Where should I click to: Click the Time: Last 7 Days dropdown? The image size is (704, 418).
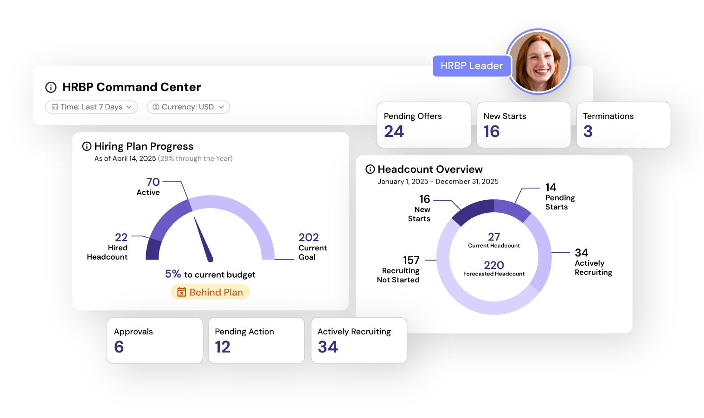(91, 107)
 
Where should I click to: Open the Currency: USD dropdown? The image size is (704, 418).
(188, 107)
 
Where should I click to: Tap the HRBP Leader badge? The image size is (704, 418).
(472, 66)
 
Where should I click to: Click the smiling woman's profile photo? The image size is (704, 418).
(538, 62)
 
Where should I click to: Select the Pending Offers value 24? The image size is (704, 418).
(394, 131)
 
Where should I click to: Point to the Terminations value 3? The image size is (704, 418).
(588, 131)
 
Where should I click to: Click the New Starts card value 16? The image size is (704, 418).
(491, 131)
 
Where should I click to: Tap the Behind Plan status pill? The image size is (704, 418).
(210, 292)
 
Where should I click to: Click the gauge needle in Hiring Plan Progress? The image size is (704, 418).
(204, 240)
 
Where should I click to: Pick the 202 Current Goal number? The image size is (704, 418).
(308, 237)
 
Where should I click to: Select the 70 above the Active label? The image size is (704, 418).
(153, 182)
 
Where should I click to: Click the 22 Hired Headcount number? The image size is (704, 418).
(122, 237)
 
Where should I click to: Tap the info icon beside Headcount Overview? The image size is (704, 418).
(370, 170)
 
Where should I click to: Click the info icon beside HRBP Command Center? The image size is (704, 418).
(51, 87)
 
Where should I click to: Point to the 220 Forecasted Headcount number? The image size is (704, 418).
(494, 265)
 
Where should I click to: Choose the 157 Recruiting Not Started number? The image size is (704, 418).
(411, 260)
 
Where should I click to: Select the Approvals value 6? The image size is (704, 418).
(119, 347)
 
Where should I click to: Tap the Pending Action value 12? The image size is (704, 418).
(223, 347)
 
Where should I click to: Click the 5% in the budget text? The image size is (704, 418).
(173, 274)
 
